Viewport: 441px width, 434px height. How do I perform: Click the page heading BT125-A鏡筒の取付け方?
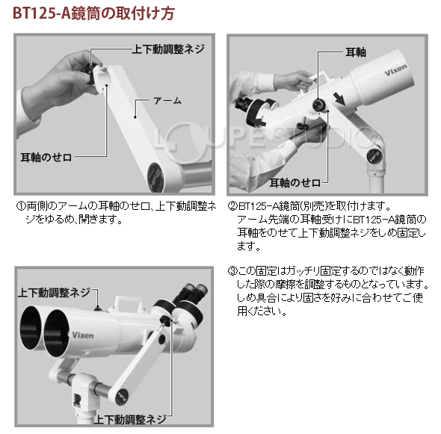click(x=94, y=13)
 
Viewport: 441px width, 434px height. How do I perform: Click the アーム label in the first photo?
click(x=167, y=100)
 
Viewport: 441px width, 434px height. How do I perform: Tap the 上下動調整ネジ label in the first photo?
click(x=168, y=49)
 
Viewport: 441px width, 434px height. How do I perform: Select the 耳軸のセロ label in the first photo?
click(x=46, y=158)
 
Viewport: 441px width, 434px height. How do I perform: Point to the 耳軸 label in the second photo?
click(x=356, y=52)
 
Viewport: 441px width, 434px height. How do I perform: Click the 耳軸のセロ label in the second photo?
click(x=295, y=183)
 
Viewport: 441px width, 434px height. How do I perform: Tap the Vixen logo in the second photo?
click(x=395, y=69)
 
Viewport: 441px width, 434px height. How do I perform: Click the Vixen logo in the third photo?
click(x=83, y=335)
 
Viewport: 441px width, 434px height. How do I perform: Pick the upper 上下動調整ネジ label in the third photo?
click(x=54, y=292)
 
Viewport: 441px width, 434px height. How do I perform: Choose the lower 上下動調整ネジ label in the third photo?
click(x=130, y=419)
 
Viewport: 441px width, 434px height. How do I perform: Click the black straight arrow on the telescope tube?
click(x=339, y=98)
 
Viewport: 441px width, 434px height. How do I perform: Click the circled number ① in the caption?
click(x=21, y=206)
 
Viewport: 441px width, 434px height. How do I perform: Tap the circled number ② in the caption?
click(x=232, y=206)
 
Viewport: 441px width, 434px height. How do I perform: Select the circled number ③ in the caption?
click(x=232, y=271)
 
